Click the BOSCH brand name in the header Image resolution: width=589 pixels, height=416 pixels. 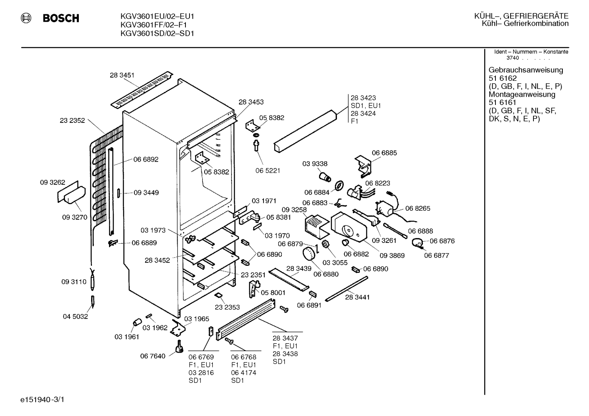point(61,18)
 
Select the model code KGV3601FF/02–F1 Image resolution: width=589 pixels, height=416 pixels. point(154,25)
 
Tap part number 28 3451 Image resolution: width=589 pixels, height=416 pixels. point(122,75)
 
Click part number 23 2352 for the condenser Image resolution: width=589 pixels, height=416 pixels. point(72,120)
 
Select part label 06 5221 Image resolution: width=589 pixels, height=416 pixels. point(268,171)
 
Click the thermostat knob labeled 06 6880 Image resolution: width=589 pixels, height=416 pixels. point(308,254)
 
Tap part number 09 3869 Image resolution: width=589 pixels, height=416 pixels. point(392,256)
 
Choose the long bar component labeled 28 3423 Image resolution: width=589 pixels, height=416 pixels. point(305,131)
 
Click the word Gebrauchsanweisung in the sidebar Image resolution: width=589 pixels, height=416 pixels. point(525,70)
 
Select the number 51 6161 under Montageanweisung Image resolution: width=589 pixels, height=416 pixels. point(502,102)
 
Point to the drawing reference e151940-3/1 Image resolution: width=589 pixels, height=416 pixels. point(42,400)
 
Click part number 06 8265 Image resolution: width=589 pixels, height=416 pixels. point(417,208)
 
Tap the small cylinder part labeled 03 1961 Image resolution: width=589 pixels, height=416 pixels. point(137,322)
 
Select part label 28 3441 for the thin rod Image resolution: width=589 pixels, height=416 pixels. point(357,297)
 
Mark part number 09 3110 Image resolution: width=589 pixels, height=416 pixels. point(74,282)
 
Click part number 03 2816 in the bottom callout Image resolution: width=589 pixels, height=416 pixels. point(201,373)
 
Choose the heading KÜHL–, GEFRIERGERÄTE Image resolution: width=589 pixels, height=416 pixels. point(522,16)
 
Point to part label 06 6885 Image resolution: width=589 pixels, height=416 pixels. point(384,153)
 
